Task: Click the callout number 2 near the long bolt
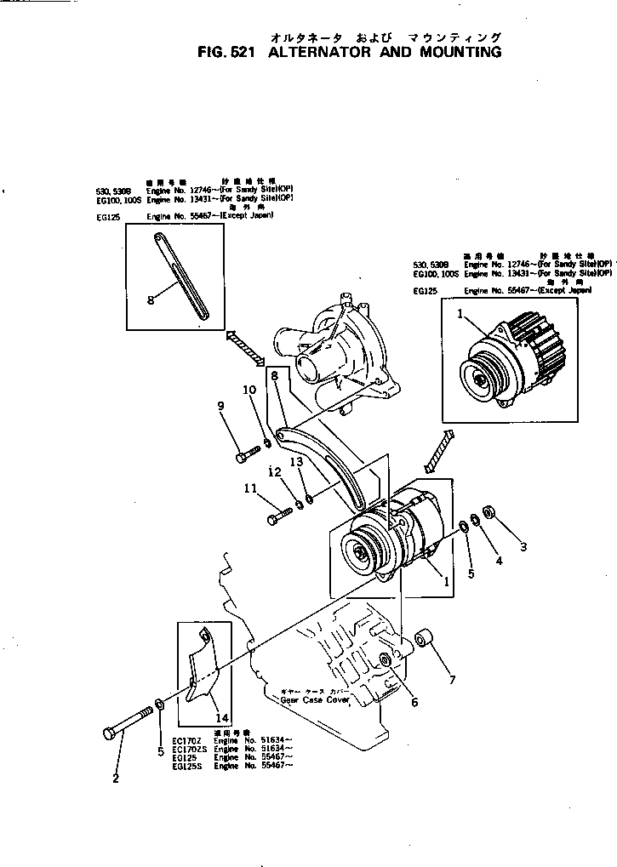[116, 777]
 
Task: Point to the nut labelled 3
[490, 512]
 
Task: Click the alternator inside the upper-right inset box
[506, 358]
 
